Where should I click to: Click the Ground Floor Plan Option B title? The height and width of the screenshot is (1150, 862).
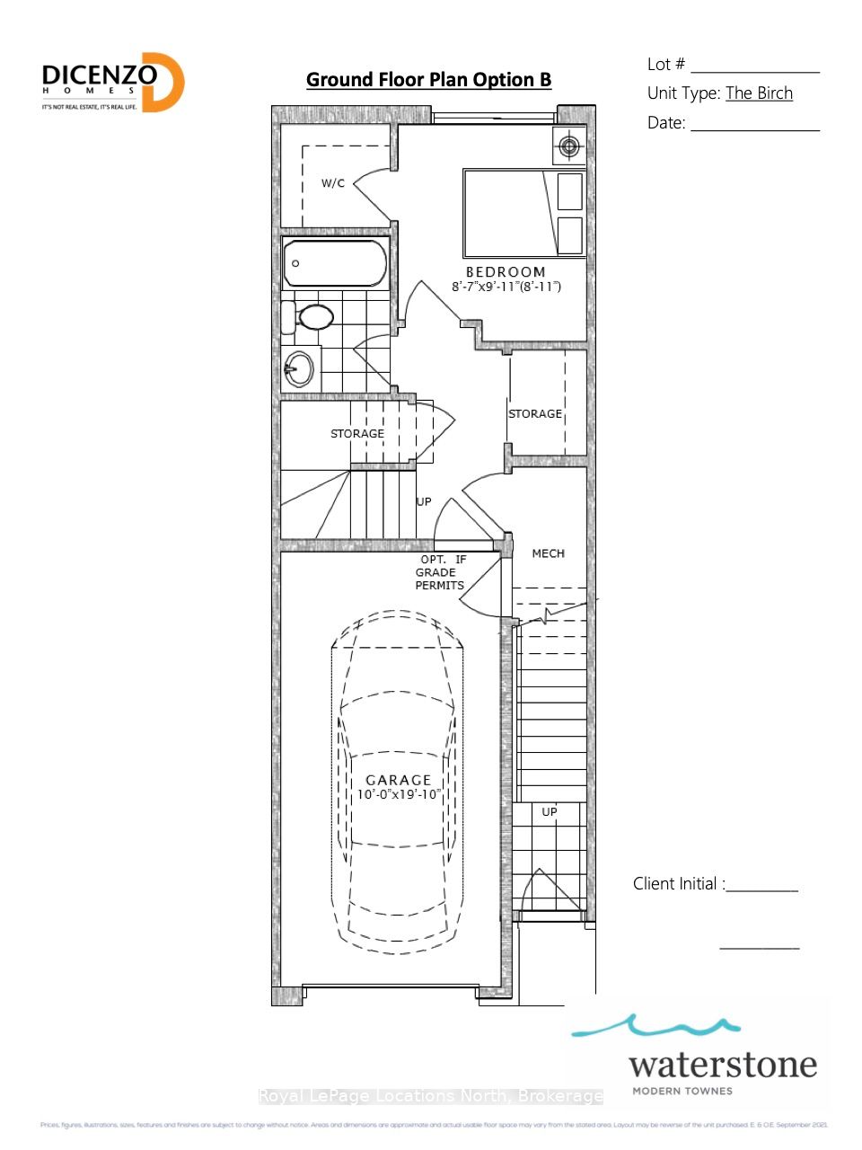428,80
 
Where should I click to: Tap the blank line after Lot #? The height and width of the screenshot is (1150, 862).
754,70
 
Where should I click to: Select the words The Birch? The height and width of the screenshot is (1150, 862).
759,93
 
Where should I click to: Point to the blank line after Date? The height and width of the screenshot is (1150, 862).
754,129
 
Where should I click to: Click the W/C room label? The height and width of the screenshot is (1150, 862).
333,183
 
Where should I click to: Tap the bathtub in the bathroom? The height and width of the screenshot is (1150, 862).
335,264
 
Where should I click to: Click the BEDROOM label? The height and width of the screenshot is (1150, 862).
506,272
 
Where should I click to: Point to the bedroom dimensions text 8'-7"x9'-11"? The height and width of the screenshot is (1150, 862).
506,287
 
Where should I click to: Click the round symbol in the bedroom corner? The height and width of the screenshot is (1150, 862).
569,146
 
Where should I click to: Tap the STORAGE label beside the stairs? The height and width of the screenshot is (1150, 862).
357,434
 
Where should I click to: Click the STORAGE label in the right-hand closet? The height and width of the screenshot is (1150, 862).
535,414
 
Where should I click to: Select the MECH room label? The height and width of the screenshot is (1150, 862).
548,553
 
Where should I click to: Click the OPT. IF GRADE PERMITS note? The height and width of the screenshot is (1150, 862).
440,572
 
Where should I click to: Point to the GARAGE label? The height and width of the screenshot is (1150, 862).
398,780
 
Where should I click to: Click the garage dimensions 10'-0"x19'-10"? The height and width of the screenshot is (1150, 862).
398,794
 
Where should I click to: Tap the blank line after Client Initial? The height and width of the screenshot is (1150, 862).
761,889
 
